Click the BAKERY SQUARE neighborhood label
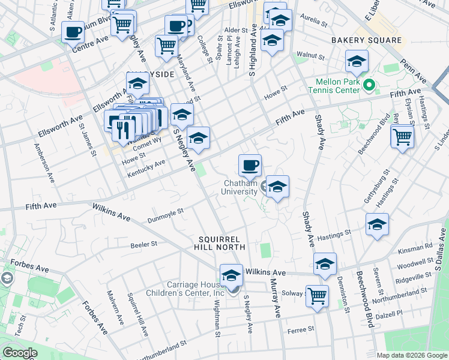click(366, 40)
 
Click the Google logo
click(19, 353)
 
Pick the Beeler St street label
click(144, 244)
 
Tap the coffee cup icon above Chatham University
click(250, 164)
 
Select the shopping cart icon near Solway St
click(317, 295)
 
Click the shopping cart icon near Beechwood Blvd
click(402, 136)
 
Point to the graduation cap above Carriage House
click(231, 275)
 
